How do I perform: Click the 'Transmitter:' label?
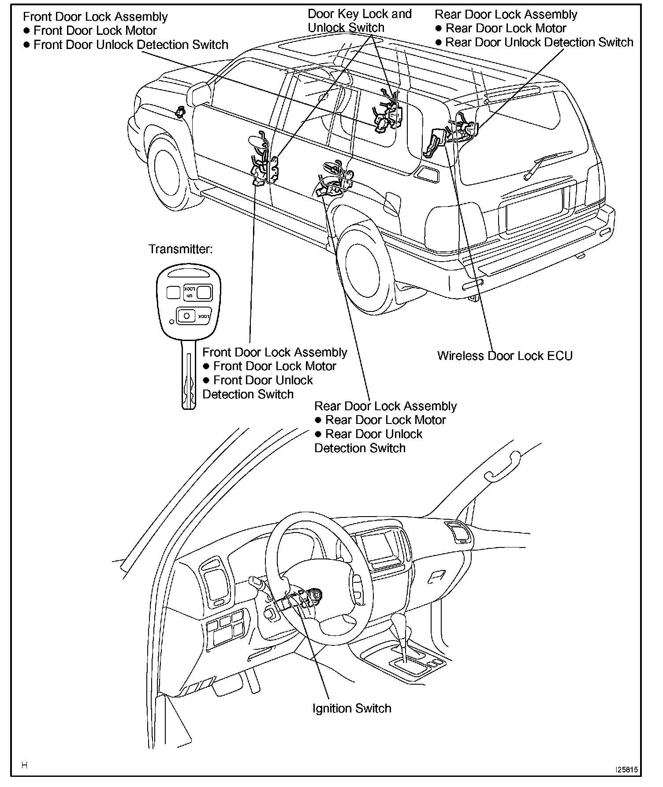pyautogui.click(x=181, y=249)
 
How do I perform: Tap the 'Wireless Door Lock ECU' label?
pyautogui.click(x=505, y=356)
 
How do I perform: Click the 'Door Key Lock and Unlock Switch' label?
pyautogui.click(x=359, y=21)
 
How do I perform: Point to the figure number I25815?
pyautogui.click(x=626, y=770)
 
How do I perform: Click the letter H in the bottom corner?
pyautogui.click(x=25, y=765)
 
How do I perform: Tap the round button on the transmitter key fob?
pyautogui.click(x=187, y=316)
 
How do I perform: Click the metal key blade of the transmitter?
pyautogui.click(x=189, y=375)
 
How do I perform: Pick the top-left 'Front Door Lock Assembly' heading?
pyautogui.click(x=95, y=17)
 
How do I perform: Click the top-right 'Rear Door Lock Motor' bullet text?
pyautogui.click(x=506, y=28)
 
